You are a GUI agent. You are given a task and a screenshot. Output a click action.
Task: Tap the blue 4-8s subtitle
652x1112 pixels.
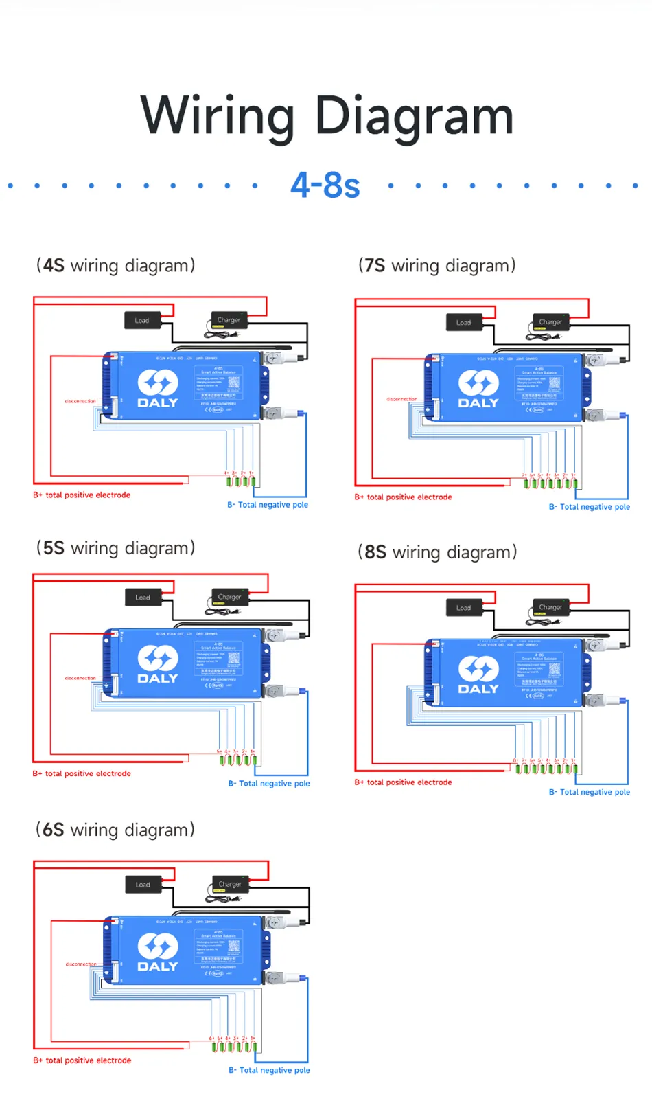[325, 185]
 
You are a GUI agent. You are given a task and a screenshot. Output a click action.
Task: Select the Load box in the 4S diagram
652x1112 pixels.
[142, 320]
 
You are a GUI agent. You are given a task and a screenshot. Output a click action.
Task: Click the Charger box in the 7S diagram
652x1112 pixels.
[550, 321]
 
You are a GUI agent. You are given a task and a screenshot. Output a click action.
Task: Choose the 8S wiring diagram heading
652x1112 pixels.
[437, 552]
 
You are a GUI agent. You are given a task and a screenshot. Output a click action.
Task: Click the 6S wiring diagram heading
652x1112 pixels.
[115, 830]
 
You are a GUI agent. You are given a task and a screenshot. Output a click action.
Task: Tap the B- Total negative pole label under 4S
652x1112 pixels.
[268, 505]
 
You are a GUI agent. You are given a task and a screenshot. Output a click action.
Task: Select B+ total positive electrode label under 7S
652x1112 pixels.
[403, 497]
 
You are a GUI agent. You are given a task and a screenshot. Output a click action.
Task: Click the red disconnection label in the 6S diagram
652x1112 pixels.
[80, 964]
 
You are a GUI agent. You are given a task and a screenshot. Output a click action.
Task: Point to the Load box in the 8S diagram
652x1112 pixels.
[464, 607]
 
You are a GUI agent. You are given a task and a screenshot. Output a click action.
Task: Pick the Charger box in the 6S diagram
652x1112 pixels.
[229, 884]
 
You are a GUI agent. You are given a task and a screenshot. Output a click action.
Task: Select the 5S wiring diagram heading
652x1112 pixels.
[115, 548]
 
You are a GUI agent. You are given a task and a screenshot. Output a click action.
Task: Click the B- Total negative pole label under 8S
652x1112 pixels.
[589, 792]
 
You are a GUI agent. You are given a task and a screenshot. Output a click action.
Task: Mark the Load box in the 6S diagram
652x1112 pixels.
[143, 884]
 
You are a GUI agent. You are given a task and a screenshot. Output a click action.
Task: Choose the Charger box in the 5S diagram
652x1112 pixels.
[229, 597]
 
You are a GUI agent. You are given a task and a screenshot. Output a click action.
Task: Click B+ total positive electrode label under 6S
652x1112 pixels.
[82, 1060]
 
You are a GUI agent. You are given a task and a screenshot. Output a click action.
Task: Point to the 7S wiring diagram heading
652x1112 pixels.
[436, 266]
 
